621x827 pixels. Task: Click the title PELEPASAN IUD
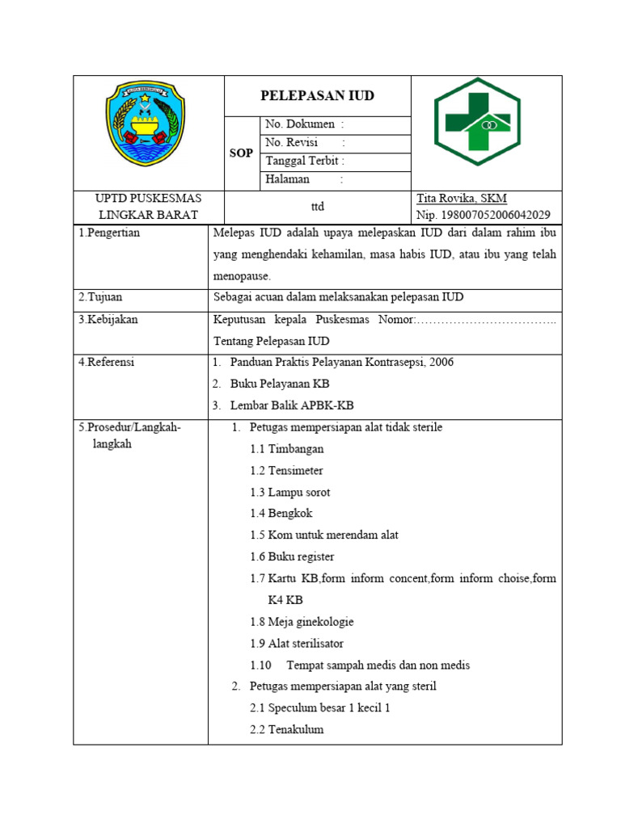[317, 95]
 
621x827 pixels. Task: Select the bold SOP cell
[241, 153]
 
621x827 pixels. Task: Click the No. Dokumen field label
[304, 125]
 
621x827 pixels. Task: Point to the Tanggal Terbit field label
[305, 161]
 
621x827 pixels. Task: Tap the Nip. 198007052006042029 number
[484, 215]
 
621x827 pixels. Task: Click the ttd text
[317, 207]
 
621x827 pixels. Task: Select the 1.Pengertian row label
[109, 233]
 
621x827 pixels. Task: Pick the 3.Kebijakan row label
[108, 319]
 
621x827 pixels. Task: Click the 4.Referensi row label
[107, 362]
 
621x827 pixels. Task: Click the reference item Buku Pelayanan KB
[279, 384]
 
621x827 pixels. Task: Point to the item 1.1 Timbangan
[286, 449]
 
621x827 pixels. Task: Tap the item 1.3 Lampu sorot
[289, 492]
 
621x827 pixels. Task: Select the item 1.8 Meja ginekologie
[302, 622]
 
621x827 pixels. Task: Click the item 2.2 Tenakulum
[286, 729]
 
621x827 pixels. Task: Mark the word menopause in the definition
[242, 275]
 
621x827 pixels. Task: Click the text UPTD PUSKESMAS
[148, 199]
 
